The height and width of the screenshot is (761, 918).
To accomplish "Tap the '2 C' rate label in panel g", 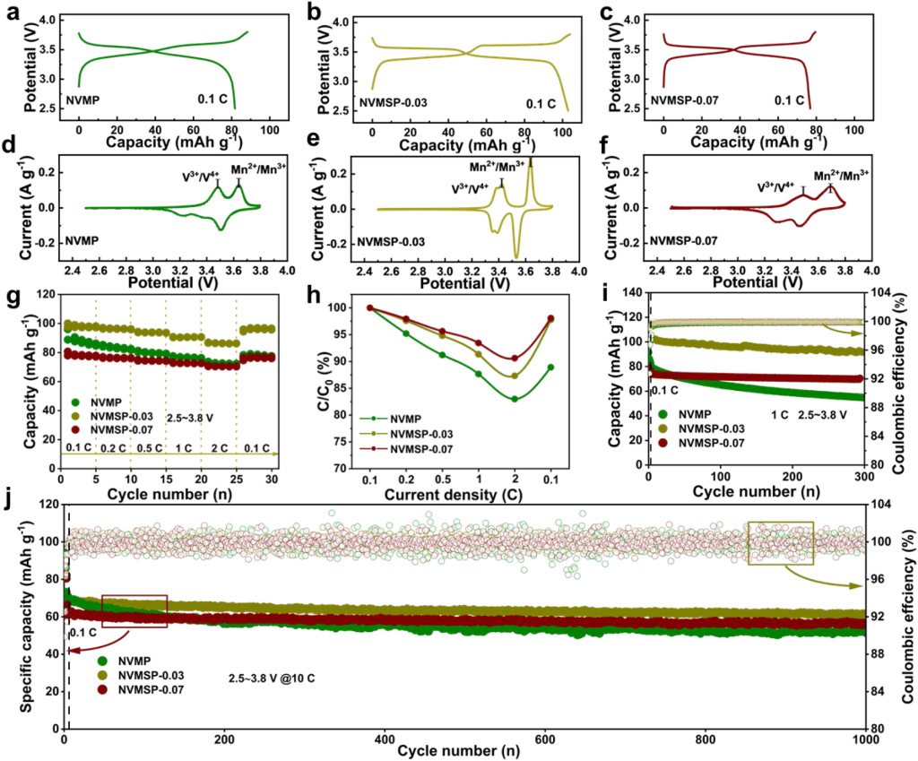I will click(216, 434).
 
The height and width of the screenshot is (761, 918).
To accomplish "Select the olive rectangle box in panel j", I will click(780, 543).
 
